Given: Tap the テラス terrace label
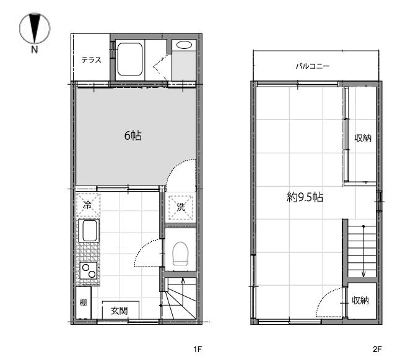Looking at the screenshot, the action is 91,60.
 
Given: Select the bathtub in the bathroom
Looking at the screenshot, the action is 130,59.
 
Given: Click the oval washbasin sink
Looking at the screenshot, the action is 184,45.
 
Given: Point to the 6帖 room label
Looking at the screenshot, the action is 133,135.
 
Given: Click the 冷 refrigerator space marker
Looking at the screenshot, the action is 88,205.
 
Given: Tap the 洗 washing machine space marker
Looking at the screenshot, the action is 181,207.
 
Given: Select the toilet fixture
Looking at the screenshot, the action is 180,254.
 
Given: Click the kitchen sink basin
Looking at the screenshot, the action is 90,231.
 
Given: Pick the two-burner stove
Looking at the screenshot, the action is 89,271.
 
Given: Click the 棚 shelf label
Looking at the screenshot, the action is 83,302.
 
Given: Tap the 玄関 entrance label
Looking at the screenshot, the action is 119,311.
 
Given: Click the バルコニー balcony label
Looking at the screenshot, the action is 313,66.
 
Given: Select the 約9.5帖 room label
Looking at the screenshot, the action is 305,197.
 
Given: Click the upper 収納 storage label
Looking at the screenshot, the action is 363,138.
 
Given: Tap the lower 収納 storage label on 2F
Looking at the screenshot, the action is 360,301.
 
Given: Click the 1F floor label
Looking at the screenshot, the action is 198,349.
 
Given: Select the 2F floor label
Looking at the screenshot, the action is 377,349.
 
